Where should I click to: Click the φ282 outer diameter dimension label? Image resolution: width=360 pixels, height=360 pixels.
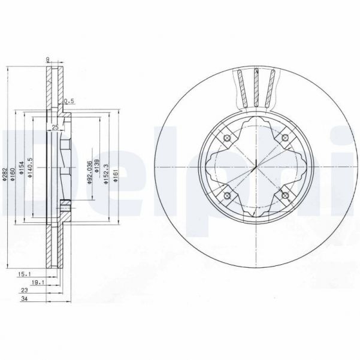(4, 174)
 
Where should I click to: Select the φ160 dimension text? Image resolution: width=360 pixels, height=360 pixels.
(14, 174)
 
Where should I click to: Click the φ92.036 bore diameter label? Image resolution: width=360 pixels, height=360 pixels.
(89, 172)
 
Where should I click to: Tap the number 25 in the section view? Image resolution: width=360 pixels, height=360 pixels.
(55, 127)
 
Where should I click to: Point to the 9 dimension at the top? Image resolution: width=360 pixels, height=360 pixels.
(48, 59)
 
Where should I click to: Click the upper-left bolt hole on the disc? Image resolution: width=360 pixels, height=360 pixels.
(227, 140)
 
